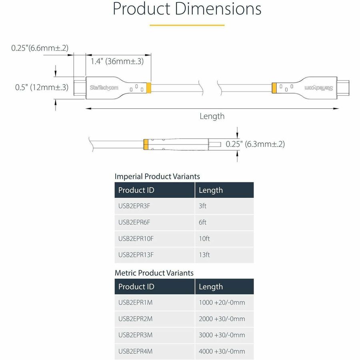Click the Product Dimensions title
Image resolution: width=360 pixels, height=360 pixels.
[x=187, y=9]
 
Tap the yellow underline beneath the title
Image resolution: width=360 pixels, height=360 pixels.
[x=187, y=25]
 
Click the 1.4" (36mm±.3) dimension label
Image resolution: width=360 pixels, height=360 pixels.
[x=117, y=61]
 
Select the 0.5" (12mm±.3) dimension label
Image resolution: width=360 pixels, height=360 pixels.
[x=42, y=87]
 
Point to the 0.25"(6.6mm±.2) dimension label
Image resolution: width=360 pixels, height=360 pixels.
[x=40, y=48]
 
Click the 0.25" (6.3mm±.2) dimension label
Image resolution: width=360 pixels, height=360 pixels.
[x=255, y=144]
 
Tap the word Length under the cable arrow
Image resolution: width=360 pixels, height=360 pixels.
[x=212, y=116]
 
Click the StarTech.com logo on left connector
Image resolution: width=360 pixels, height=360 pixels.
[x=104, y=87]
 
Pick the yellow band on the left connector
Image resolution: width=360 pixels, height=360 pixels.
[x=149, y=88]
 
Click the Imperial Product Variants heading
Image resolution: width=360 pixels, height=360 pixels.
[x=157, y=176]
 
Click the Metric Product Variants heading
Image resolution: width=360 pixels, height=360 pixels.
[x=154, y=273]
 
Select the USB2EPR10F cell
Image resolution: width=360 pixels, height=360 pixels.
[x=136, y=239]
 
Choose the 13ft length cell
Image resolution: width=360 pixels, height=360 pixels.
[x=204, y=255]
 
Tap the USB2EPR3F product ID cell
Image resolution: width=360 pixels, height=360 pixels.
[x=134, y=206]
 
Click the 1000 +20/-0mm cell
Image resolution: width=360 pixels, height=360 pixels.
[x=222, y=303]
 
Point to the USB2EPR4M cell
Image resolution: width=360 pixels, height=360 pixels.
[x=136, y=351]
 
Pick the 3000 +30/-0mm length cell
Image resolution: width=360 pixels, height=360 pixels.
[x=222, y=335]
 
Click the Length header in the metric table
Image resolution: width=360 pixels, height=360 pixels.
[x=211, y=287]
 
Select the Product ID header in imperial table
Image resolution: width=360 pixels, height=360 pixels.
[x=136, y=190]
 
